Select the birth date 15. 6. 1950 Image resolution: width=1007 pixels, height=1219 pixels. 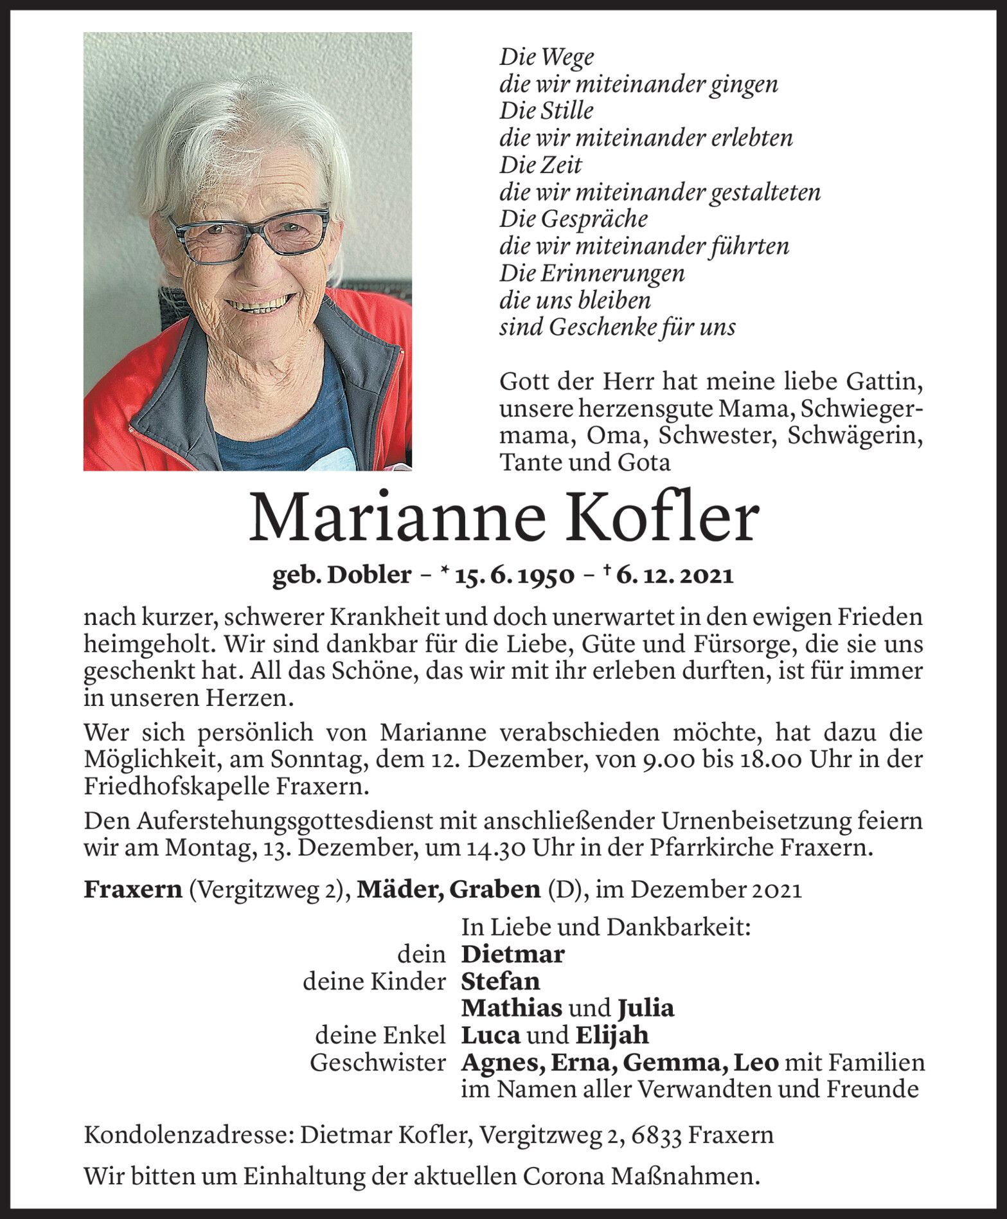(x=515, y=575)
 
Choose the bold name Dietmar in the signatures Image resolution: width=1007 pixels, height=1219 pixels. (x=513, y=954)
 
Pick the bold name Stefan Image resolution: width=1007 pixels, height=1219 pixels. (x=501, y=981)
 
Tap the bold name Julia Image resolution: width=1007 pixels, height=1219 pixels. (x=646, y=1008)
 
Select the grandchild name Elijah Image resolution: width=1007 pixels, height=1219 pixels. (x=612, y=1035)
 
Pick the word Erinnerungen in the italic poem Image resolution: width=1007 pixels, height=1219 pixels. (x=612, y=273)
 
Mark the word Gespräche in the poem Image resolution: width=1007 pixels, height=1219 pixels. (x=594, y=219)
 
